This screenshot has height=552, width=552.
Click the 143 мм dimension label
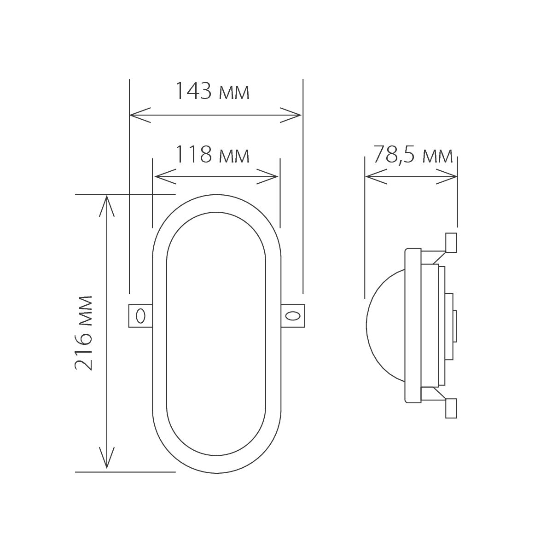(x=212, y=92)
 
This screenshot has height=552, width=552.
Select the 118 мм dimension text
(x=212, y=155)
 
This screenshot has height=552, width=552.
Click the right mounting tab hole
(x=292, y=316)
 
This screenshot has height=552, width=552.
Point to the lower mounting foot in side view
(x=451, y=408)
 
